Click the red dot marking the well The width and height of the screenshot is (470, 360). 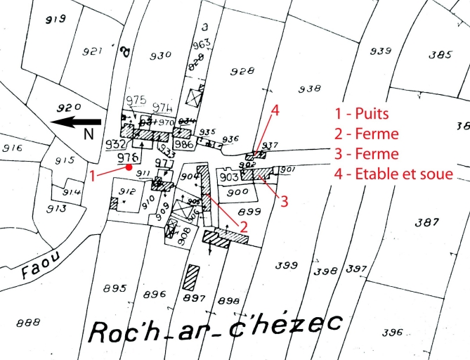[129, 167]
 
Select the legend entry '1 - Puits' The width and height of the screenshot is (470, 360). [363, 112]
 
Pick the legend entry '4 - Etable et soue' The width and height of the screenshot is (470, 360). [393, 173]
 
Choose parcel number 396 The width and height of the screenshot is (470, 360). [393, 333]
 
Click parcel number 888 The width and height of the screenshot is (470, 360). [28, 323]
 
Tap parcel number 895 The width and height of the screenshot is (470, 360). [114, 289]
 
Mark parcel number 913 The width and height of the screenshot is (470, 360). [57, 208]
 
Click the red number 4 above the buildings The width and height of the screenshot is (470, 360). [275, 110]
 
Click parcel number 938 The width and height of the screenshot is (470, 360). [309, 89]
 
